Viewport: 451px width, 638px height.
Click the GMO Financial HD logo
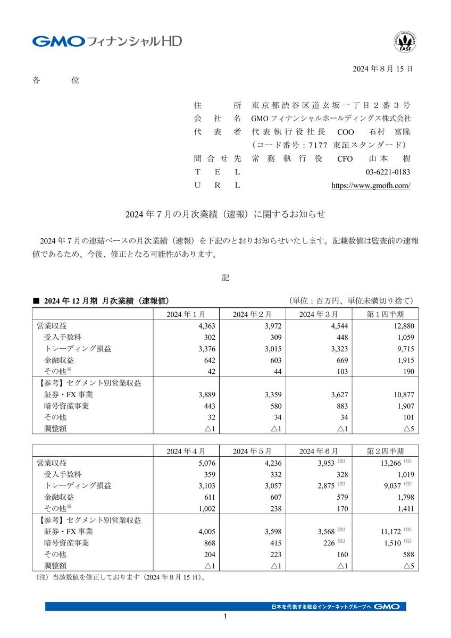pos(106,41)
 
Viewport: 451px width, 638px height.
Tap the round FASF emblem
pos(405,42)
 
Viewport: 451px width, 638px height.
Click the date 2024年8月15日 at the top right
pos(383,70)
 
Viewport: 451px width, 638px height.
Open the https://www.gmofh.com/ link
pos(371,186)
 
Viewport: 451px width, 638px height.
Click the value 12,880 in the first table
pos(402,326)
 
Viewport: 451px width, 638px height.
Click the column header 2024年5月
pos(252,451)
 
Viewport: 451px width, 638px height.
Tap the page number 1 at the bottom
pos(225,616)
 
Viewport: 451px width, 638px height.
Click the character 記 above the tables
pos(225,278)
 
